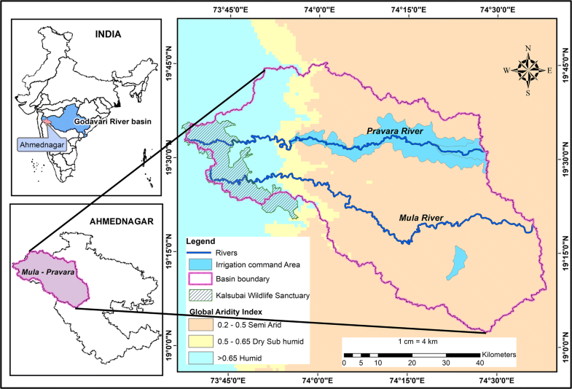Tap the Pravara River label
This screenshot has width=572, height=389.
coord(395,130)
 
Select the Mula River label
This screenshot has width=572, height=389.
coord(420,216)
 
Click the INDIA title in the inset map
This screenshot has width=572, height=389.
coord(106,34)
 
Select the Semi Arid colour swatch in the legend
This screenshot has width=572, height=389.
coord(198,326)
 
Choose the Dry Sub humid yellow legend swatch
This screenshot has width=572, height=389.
coord(198,342)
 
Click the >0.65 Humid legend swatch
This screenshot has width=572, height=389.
coord(198,357)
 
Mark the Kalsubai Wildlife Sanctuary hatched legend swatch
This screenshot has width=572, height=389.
coord(198,295)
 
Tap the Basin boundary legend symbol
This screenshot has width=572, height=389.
coord(198,280)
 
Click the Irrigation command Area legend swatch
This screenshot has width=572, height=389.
coord(198,265)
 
